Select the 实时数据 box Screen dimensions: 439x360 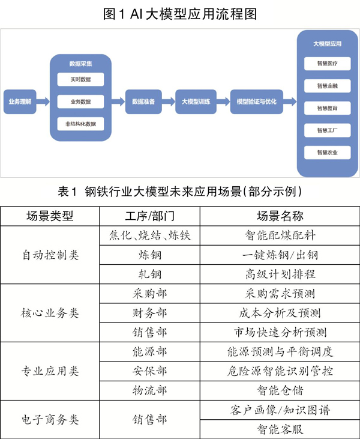coord(80,79)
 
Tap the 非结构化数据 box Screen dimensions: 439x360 coord(80,124)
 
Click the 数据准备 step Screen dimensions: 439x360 coord(143,101)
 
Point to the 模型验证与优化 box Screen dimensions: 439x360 coord(257,101)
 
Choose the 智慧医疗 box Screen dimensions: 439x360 coord(328,63)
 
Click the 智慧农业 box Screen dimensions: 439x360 coord(328,153)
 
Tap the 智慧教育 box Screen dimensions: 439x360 coord(328,108)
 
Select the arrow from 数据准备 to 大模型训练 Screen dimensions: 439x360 coord(167,101)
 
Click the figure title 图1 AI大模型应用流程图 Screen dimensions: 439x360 coord(180,13)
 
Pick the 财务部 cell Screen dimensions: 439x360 coord(149,313)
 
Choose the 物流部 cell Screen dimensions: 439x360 coord(149,391)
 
